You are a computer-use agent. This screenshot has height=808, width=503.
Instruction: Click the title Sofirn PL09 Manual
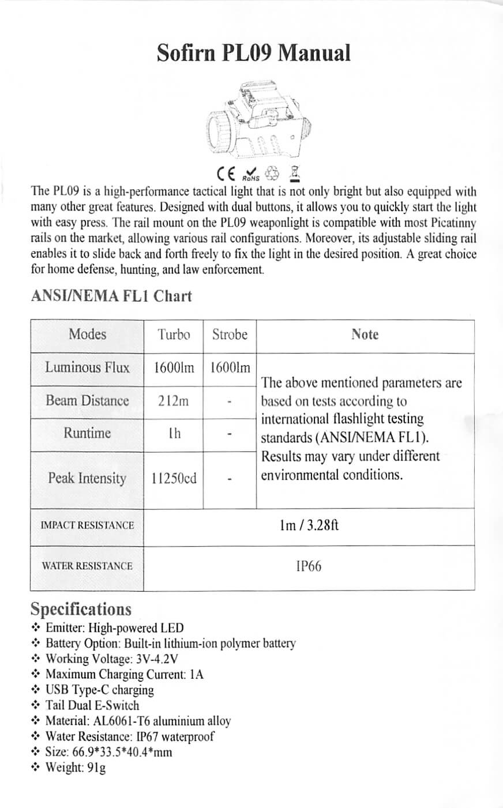click(253, 53)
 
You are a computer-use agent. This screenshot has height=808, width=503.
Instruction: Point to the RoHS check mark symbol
click(251, 173)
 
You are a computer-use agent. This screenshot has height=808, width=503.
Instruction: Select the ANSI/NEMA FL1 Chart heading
click(111, 296)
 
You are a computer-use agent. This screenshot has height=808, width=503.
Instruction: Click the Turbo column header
click(174, 335)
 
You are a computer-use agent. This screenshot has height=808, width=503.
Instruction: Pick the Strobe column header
click(230, 335)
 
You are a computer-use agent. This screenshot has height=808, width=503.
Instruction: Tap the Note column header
click(365, 335)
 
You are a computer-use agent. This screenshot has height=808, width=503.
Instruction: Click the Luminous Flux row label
click(87, 367)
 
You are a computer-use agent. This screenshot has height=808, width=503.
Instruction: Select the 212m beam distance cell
click(173, 401)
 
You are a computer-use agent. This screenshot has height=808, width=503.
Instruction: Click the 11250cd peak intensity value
click(174, 479)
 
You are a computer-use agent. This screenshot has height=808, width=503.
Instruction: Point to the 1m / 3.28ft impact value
click(309, 525)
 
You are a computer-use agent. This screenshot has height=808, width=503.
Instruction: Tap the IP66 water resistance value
click(309, 566)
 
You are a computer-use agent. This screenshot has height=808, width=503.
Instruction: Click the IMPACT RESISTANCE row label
click(87, 525)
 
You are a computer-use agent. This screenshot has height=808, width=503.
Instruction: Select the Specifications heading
click(81, 610)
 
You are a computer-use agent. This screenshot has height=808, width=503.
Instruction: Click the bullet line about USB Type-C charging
click(100, 690)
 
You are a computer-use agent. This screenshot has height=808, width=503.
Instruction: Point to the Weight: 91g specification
click(76, 768)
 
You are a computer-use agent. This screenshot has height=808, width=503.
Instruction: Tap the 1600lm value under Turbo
click(174, 367)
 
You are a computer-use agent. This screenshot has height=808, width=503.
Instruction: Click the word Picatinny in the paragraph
click(453, 223)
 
